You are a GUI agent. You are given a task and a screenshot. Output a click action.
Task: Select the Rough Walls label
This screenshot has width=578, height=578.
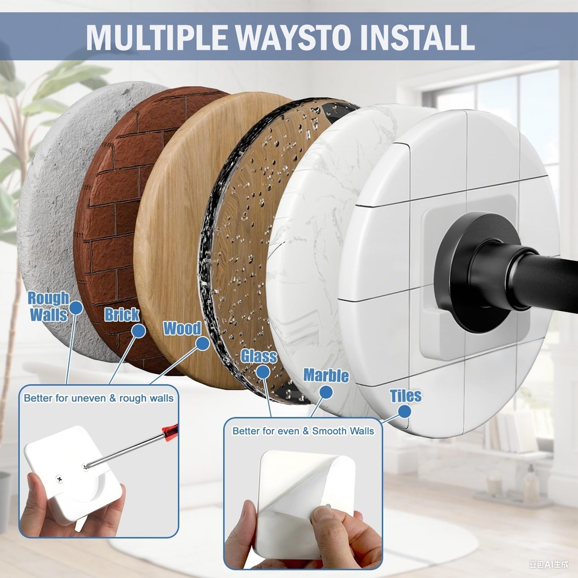click(48, 306)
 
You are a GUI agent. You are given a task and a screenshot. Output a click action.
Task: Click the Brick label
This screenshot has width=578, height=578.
click(122, 315)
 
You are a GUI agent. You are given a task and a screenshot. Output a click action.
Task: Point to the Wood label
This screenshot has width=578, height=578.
click(182, 328)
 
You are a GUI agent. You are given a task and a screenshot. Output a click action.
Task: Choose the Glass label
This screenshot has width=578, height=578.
click(259, 356)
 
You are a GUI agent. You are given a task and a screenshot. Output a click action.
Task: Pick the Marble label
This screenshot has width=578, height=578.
click(326, 375)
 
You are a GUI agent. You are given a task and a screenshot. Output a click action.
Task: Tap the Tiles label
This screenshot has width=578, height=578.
click(406, 396)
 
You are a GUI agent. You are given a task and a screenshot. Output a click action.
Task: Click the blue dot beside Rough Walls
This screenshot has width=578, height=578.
click(76, 308)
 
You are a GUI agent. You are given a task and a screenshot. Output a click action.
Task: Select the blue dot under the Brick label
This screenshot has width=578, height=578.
click(138, 331)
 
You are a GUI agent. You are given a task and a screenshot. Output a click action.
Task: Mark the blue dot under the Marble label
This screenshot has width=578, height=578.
click(326, 392)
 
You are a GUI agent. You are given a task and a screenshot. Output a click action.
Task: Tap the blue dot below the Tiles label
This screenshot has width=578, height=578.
click(405, 411)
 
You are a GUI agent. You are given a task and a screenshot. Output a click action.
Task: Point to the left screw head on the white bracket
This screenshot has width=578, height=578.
click(58, 479)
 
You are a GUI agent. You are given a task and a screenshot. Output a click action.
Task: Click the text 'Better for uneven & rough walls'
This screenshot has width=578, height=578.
click(99, 398)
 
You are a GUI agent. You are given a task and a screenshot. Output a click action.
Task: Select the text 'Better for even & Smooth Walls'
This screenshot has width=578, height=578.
click(303, 431)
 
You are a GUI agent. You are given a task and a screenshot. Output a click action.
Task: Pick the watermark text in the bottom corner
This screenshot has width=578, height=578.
click(549, 564)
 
